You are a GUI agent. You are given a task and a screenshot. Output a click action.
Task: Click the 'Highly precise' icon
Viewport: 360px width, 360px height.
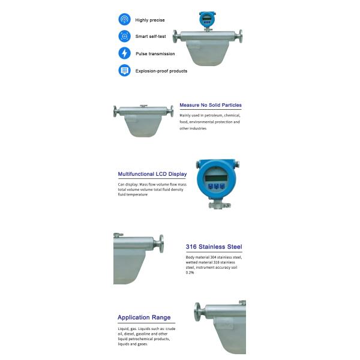pos(124,19)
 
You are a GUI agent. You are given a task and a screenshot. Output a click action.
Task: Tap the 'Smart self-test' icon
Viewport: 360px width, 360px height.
pos(124,36)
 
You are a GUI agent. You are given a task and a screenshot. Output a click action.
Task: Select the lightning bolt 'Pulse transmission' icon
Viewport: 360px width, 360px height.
pos(124,53)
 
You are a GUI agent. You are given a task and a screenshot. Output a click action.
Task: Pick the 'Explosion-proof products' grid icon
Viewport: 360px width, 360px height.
pos(124,70)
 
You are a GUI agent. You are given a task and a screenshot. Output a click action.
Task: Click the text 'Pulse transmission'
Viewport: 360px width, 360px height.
pos(155,54)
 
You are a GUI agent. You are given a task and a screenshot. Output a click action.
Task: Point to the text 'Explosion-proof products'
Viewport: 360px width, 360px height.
pos(161,71)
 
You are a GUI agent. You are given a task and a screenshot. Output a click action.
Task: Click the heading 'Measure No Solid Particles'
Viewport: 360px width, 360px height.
pos(211,105)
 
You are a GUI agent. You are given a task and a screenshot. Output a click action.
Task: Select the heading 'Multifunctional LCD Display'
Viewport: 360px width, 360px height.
pos(152,174)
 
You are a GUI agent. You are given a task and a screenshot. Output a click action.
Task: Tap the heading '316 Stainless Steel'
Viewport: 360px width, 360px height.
pos(214,247)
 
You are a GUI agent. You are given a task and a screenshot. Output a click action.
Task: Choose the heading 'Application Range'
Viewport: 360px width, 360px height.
pos(144,317)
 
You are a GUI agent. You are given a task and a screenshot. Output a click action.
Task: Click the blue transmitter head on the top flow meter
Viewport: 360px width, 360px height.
pos(207,19)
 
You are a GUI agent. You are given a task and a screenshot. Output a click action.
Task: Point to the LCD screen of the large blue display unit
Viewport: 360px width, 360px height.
pos(215,175)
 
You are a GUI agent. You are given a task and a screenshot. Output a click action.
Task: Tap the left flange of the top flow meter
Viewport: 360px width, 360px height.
pos(175,36)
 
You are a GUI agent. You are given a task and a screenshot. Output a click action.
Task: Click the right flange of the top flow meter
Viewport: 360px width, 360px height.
pos(241,36)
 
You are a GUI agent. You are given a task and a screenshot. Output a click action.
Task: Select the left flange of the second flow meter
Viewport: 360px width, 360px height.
pos(115,111)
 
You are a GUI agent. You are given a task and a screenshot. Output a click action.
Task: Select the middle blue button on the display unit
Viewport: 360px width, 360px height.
pos(215,187)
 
